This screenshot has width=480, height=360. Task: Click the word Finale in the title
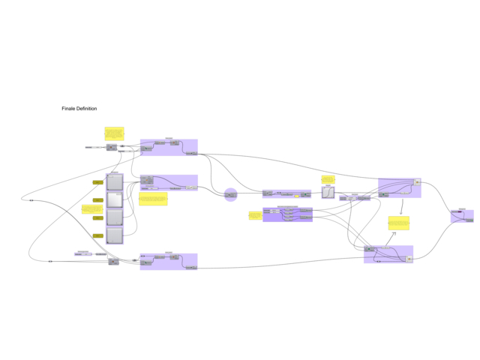pyautogui.click(x=70, y=109)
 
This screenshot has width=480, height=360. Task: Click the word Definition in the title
pyautogui.click(x=87, y=109)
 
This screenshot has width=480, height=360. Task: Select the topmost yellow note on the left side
pyautogui.click(x=114, y=133)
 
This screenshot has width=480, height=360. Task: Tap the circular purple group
pyautogui.click(x=230, y=195)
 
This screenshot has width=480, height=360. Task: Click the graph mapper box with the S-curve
pyautogui.click(x=328, y=192)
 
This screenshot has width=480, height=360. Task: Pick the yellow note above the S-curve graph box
pyautogui.click(x=328, y=179)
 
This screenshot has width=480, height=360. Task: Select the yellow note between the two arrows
pyautogui.click(x=398, y=223)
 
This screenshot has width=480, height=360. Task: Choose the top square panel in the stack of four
pyautogui.click(x=115, y=182)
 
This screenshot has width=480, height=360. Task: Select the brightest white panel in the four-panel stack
pyautogui.click(x=115, y=200)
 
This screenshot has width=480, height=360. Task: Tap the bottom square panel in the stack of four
pyautogui.click(x=115, y=235)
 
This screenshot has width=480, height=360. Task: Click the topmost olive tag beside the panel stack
pyautogui.click(x=97, y=182)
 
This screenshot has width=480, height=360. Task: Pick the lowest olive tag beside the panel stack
pyautogui.click(x=97, y=235)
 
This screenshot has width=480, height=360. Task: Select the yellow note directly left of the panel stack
pyautogui.click(x=92, y=208)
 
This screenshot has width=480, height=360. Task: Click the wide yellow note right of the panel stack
pyautogui.click(x=153, y=199)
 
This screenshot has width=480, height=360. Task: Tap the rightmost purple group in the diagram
pyautogui.click(x=462, y=216)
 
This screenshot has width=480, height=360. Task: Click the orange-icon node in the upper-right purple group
pyautogui.click(x=417, y=182)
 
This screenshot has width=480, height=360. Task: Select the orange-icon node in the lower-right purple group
pyautogui.click(x=409, y=259)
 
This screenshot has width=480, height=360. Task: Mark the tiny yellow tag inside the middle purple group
pyautogui.click(x=297, y=196)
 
